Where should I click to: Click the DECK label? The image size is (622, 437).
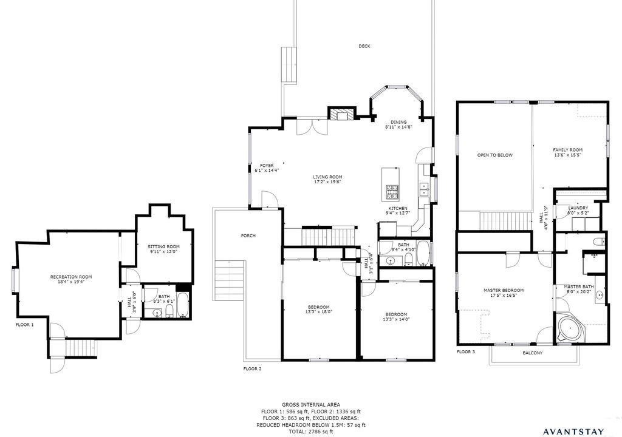(x=364, y=46)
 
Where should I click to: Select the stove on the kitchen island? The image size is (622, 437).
(x=393, y=192)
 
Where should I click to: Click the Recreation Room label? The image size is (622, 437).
(x=71, y=277)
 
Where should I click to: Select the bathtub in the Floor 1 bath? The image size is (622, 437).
(x=182, y=305)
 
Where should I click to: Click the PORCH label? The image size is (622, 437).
(x=248, y=235)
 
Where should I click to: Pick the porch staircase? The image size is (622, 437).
(x=229, y=281)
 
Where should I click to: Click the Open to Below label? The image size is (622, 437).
(x=494, y=155)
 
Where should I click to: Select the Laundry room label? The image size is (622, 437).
(x=578, y=208)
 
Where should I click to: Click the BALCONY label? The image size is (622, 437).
(x=532, y=353)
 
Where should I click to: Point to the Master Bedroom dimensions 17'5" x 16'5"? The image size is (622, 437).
(x=504, y=295)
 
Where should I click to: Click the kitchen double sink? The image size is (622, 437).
(x=425, y=189)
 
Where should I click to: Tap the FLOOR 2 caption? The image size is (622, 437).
(x=252, y=369)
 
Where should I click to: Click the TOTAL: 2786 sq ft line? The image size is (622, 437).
(x=310, y=432)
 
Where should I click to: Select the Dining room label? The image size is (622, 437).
(x=398, y=122)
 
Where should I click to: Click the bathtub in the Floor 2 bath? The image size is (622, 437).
(x=423, y=253)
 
